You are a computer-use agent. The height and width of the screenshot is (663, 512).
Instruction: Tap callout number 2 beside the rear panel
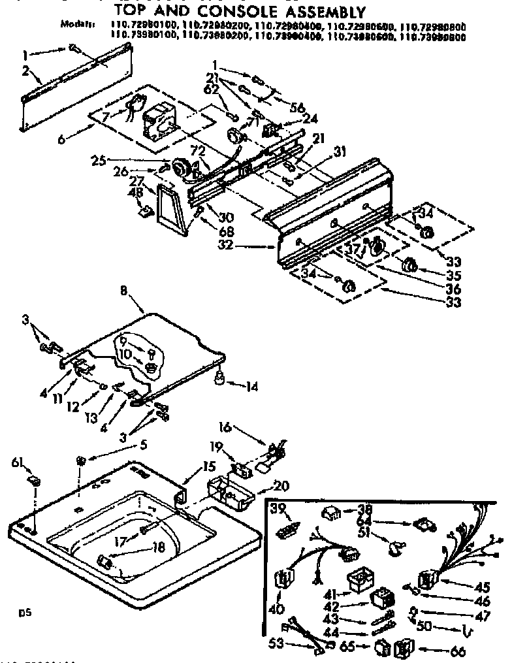(25, 71)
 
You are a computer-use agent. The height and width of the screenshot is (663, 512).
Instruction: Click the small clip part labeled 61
(33, 481)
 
